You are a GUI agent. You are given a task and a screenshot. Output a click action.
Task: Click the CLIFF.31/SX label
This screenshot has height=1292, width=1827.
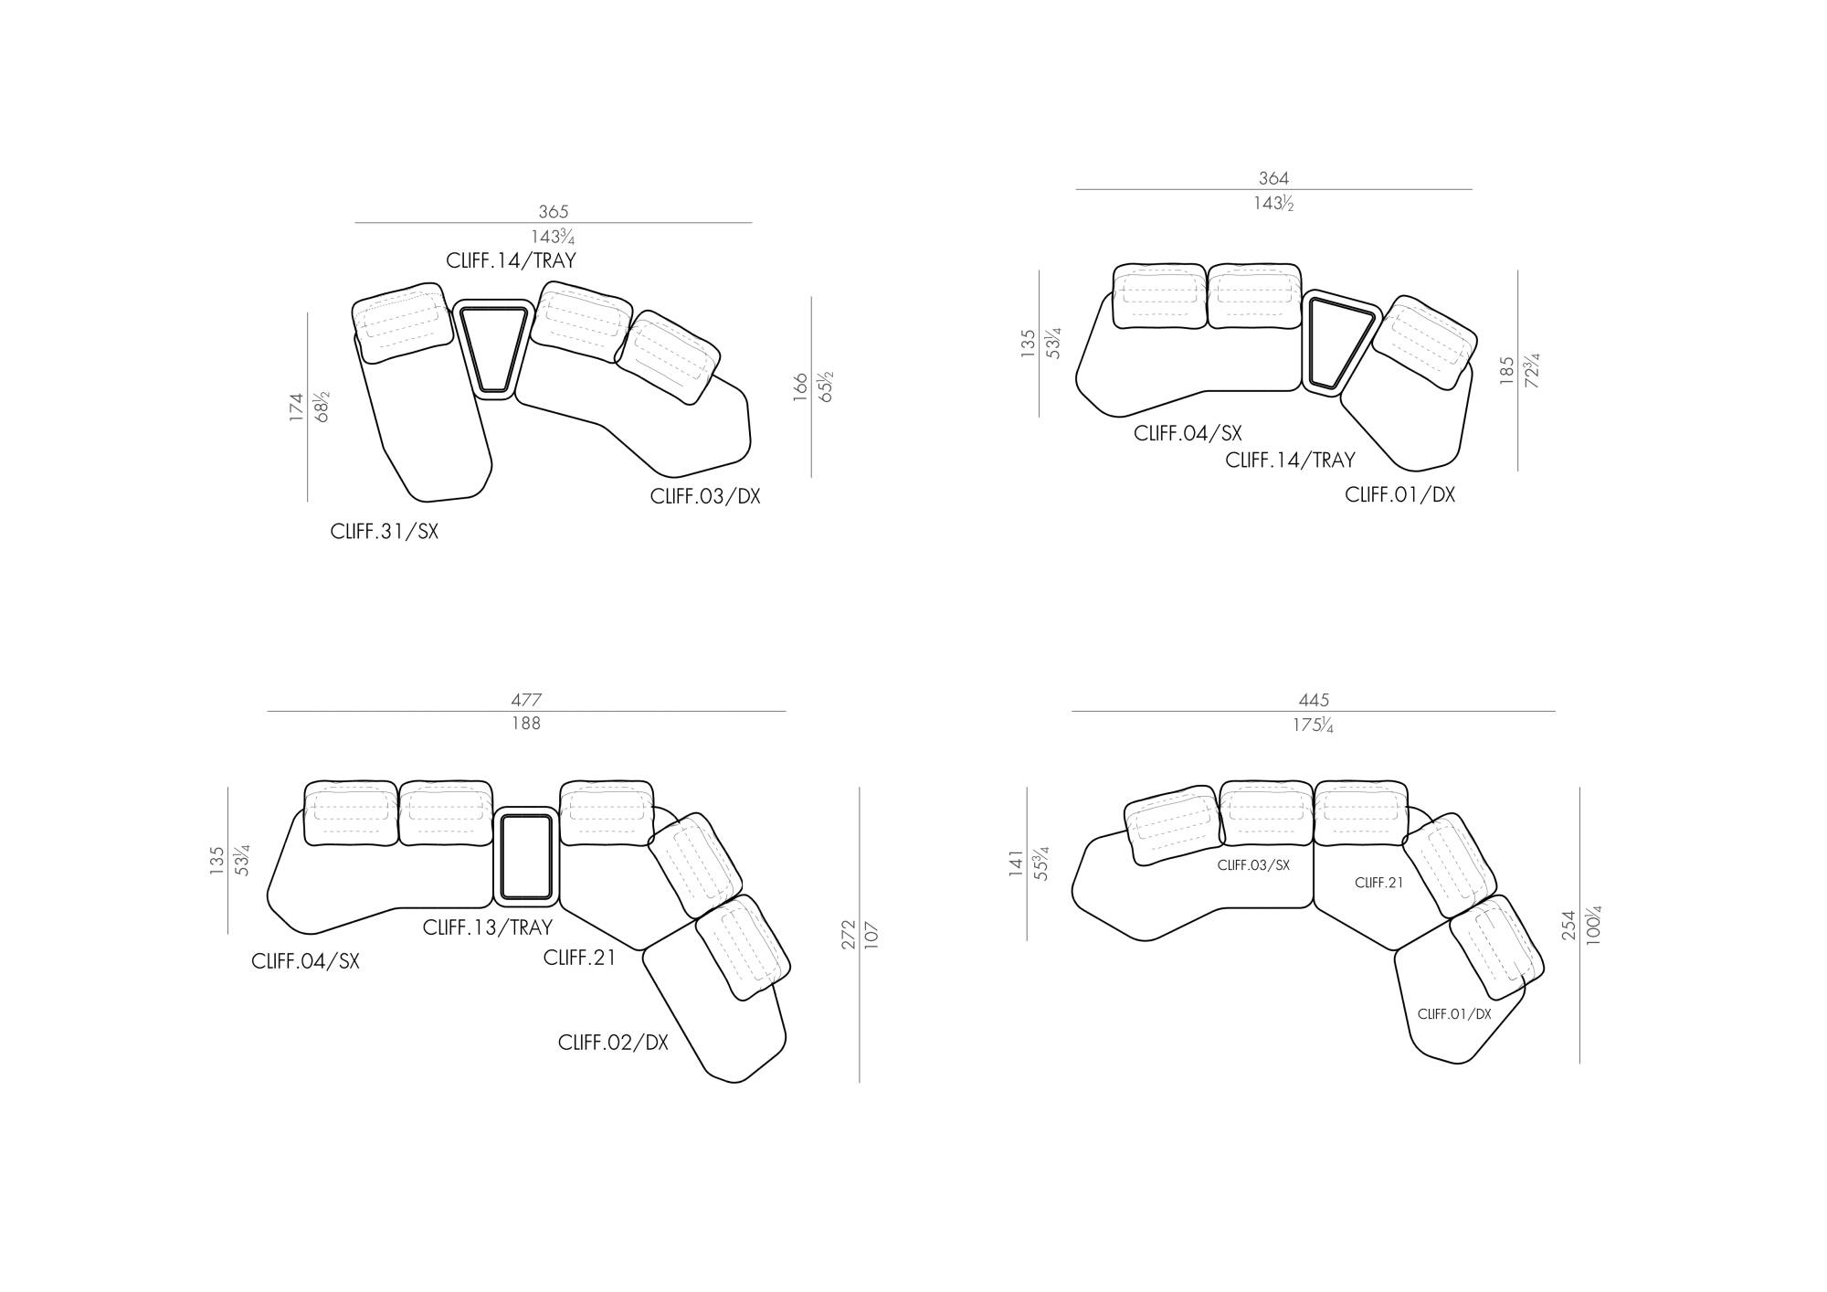tap(385, 532)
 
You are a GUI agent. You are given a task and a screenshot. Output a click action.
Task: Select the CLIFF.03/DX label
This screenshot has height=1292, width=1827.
tap(705, 496)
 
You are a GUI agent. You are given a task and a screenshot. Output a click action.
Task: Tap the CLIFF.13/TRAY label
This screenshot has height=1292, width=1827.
tap(488, 927)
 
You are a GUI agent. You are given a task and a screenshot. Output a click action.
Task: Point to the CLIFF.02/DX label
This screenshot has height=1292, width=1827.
tap(613, 1043)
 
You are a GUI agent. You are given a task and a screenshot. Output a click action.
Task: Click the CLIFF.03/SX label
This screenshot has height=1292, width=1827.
tap(1253, 865)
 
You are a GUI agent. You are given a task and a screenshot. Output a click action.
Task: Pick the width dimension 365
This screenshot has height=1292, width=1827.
tap(554, 212)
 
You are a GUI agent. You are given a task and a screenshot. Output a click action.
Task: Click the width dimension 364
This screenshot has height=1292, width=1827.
tap(1273, 179)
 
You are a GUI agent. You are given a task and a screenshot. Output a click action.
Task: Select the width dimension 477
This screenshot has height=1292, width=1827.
tap(526, 701)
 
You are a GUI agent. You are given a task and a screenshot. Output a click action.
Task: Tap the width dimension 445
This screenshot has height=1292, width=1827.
tap(1314, 701)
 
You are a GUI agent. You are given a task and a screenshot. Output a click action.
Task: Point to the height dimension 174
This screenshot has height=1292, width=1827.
tap(296, 407)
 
